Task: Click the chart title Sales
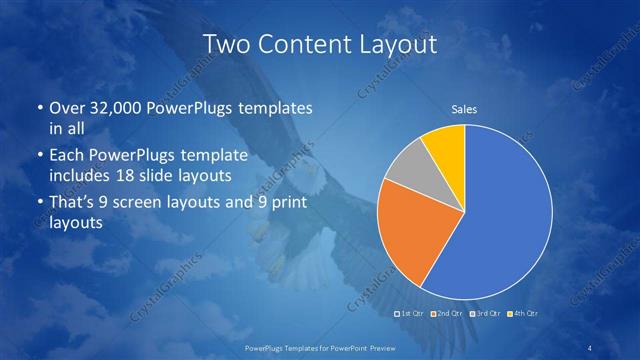pyautogui.click(x=464, y=109)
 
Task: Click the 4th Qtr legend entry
pyautogui.click(x=523, y=314)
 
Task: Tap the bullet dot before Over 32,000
pyautogui.click(x=38, y=107)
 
